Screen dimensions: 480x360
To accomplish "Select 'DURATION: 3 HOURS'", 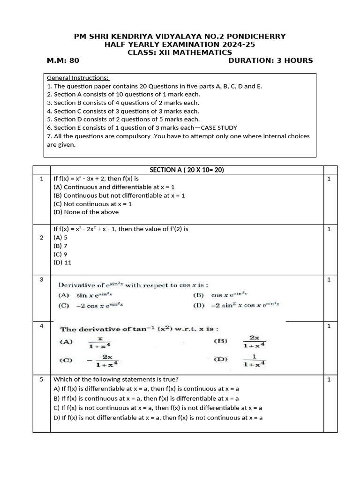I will point(270,60).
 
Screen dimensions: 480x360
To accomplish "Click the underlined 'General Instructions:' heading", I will point(78,77).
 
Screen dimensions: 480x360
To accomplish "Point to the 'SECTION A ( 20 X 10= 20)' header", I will point(187,170).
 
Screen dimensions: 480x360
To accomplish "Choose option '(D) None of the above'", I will point(86,212).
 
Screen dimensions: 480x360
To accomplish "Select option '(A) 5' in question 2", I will point(60,238).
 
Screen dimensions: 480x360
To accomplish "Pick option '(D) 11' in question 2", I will point(62,262).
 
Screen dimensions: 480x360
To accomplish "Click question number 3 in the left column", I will point(41,279).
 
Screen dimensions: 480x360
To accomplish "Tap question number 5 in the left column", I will point(41,379).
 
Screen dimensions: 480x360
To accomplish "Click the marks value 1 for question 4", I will point(329,326).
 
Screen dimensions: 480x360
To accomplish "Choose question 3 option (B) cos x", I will point(220,295).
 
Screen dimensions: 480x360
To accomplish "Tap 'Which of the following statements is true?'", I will point(116,379).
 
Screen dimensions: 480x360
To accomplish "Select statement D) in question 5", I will point(158,417).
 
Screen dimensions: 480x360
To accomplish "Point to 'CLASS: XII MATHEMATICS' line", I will point(180,52).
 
